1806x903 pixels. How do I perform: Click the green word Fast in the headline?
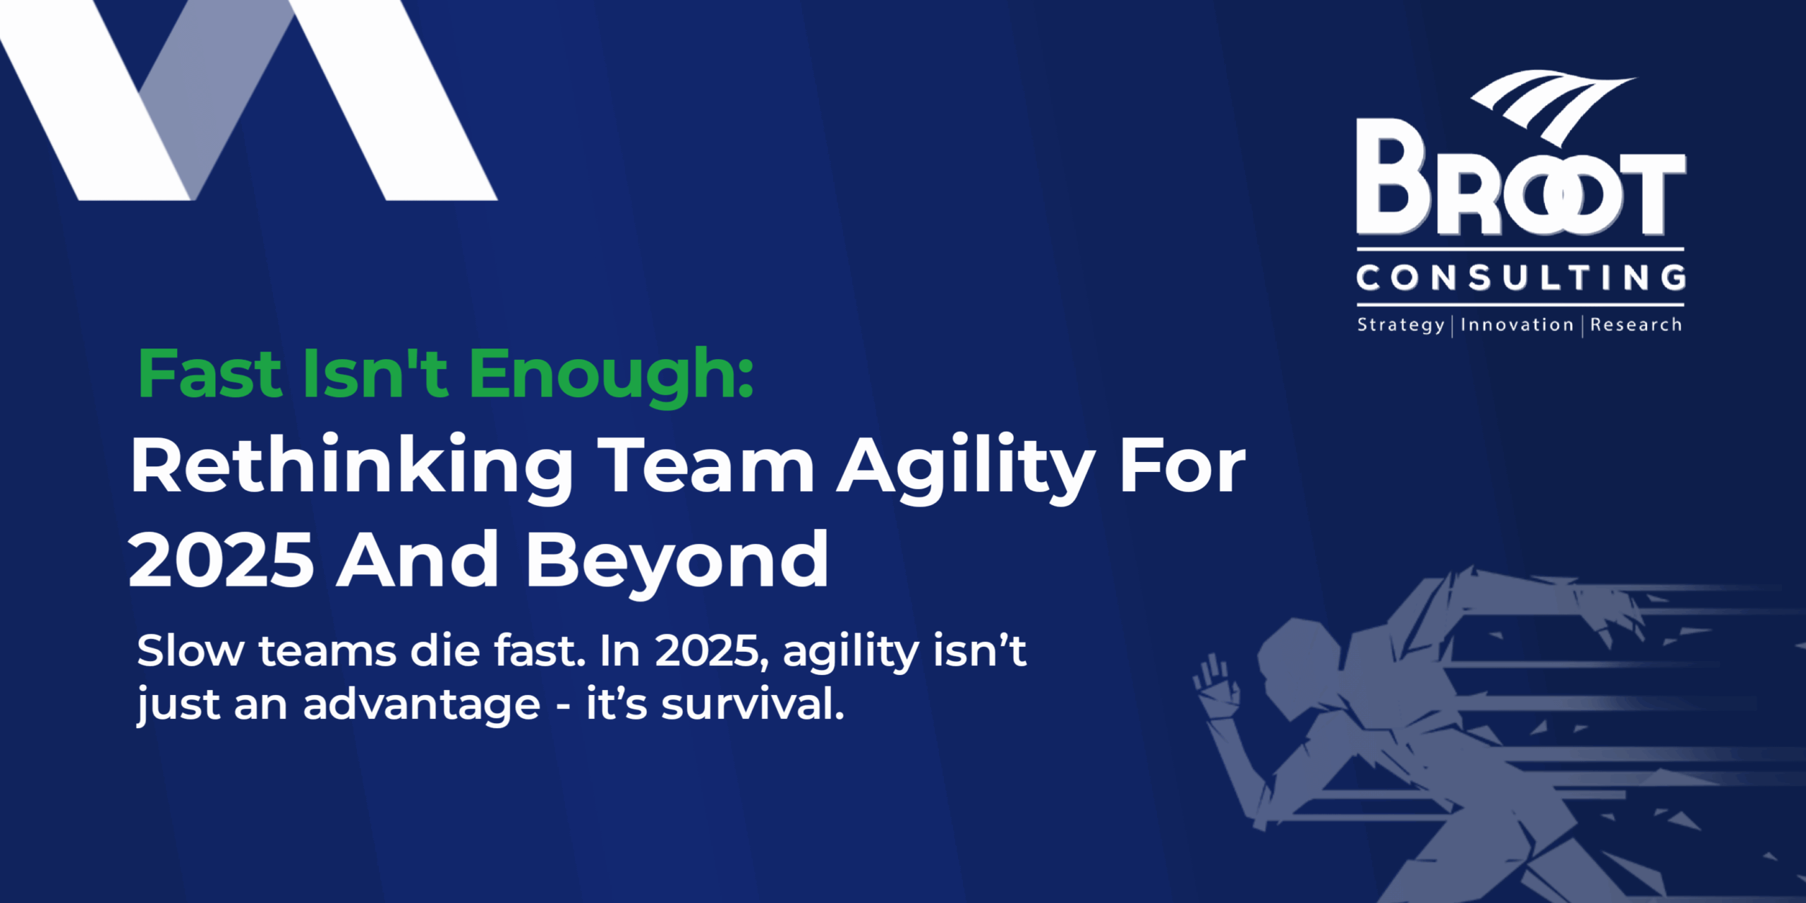(x=210, y=373)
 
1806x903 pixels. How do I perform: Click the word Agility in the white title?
(x=965, y=468)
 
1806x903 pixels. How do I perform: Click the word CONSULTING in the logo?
(x=1521, y=278)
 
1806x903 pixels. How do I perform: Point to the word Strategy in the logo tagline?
(x=1401, y=325)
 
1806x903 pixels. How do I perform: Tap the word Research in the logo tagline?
(x=1636, y=325)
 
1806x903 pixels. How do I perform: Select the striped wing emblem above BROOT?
(x=1552, y=106)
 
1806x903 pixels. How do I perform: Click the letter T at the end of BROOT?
(x=1652, y=194)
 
